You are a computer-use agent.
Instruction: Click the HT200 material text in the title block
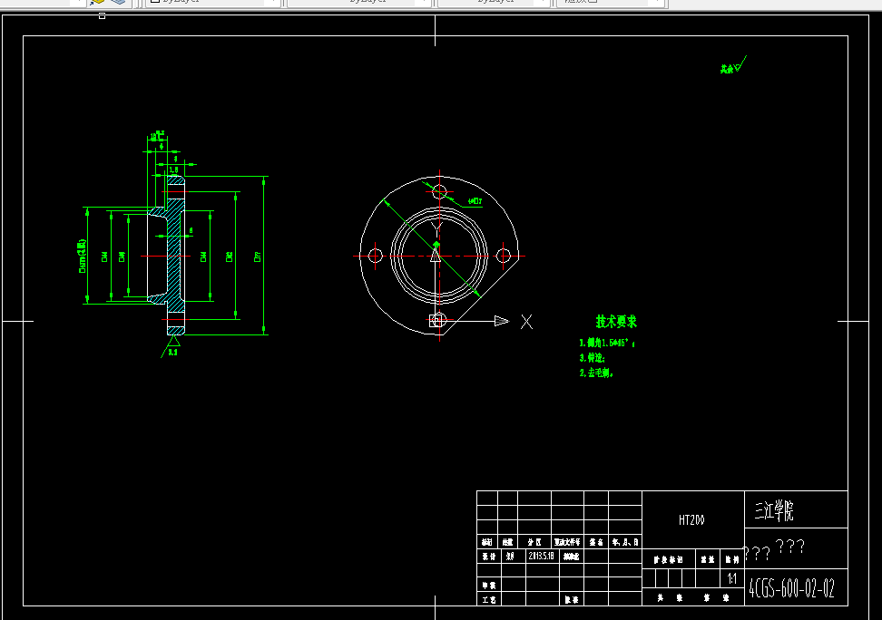[x=691, y=520]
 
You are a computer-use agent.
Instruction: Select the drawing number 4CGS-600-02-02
[x=791, y=588]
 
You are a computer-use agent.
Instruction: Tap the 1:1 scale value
[x=731, y=576]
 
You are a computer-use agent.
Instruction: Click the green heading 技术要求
[x=616, y=322]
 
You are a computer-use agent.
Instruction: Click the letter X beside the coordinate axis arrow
[x=526, y=321]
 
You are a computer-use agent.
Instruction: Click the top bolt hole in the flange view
[x=440, y=191]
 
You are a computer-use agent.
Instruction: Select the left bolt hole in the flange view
[x=375, y=257]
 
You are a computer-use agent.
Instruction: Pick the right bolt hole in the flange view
[x=504, y=257]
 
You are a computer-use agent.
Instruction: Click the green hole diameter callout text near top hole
[x=475, y=200]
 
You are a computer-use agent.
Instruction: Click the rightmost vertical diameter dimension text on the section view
[x=259, y=257]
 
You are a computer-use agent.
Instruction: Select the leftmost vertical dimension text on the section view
[x=82, y=257]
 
